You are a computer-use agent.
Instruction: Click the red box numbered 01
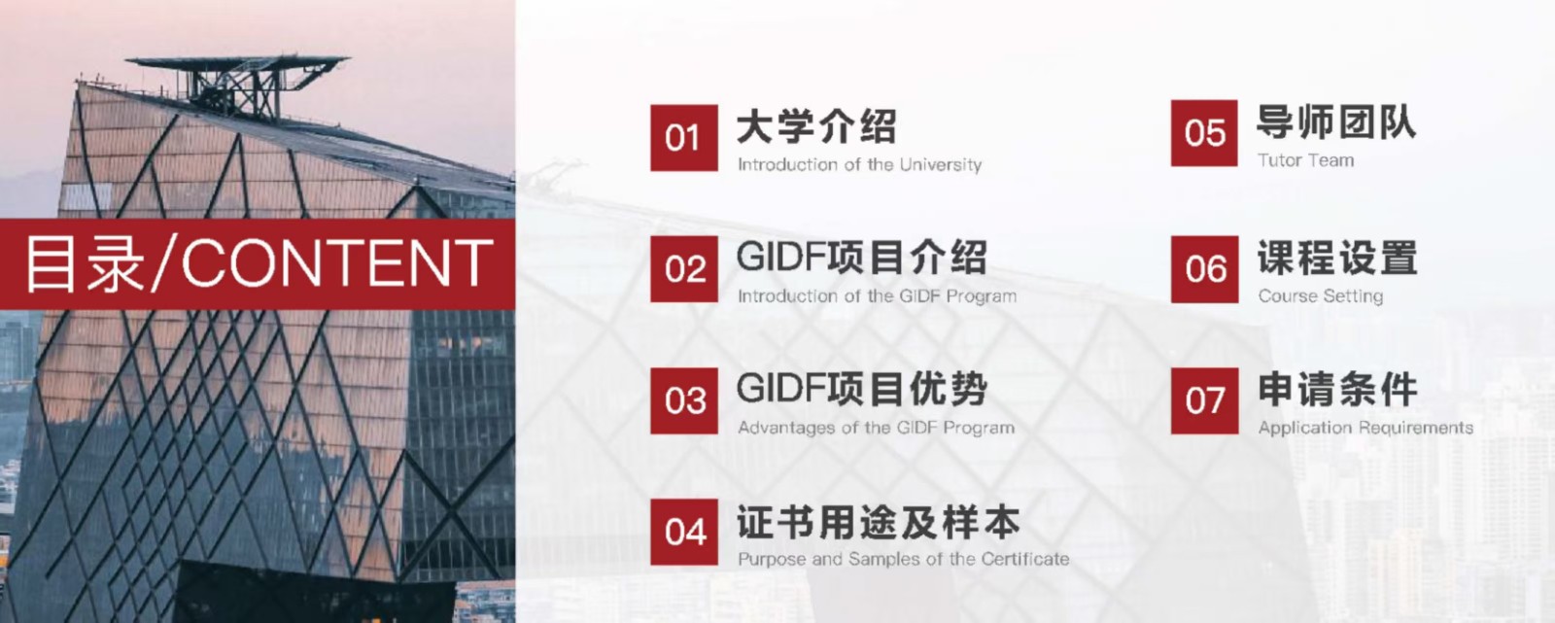click(x=684, y=137)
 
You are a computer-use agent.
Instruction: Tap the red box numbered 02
click(x=684, y=269)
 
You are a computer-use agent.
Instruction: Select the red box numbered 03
click(x=684, y=400)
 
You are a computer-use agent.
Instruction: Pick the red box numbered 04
click(x=684, y=532)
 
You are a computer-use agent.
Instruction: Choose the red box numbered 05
click(x=1204, y=133)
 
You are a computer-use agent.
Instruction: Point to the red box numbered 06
click(x=1204, y=269)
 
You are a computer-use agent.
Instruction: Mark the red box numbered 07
click(x=1204, y=400)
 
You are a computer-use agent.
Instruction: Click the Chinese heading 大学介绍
click(x=816, y=127)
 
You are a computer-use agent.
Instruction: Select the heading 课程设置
click(x=1337, y=258)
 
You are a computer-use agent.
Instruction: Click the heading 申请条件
click(x=1337, y=389)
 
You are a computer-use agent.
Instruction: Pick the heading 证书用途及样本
click(x=879, y=522)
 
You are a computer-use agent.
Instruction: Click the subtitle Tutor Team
click(x=1306, y=160)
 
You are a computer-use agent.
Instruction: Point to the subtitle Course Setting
click(x=1321, y=296)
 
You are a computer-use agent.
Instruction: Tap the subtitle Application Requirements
click(x=1365, y=428)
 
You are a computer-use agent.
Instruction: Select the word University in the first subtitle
click(x=941, y=165)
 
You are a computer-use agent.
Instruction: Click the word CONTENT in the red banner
click(x=336, y=262)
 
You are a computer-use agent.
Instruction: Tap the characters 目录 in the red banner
click(x=85, y=264)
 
